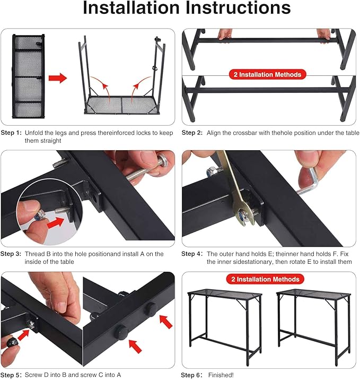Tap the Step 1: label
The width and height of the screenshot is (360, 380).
[11, 133]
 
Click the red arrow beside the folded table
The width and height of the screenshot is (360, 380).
[57, 78]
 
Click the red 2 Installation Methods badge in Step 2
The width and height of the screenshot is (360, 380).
[268, 75]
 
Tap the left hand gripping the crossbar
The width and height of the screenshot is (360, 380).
[224, 34]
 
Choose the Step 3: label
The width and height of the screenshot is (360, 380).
[11, 254]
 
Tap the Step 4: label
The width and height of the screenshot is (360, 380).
[192, 254]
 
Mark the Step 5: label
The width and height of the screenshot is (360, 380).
[11, 375]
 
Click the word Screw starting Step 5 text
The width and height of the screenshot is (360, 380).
[34, 375]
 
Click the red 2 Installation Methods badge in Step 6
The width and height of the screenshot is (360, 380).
[268, 279]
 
